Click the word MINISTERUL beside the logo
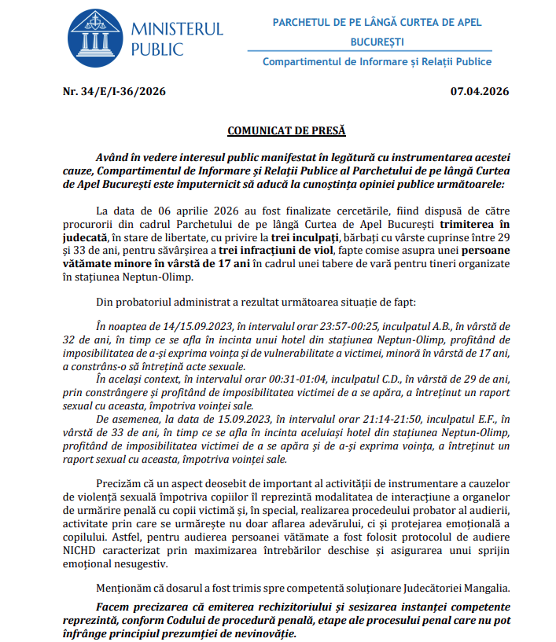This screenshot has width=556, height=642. tap(176, 30)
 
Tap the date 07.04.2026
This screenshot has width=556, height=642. tap(479, 92)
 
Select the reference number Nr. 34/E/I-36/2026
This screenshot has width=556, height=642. tap(113, 92)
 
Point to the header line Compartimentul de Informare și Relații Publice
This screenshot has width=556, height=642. tap(377, 61)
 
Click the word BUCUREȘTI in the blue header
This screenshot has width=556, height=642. tap(377, 40)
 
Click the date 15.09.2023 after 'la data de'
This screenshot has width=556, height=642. tap(208, 419)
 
